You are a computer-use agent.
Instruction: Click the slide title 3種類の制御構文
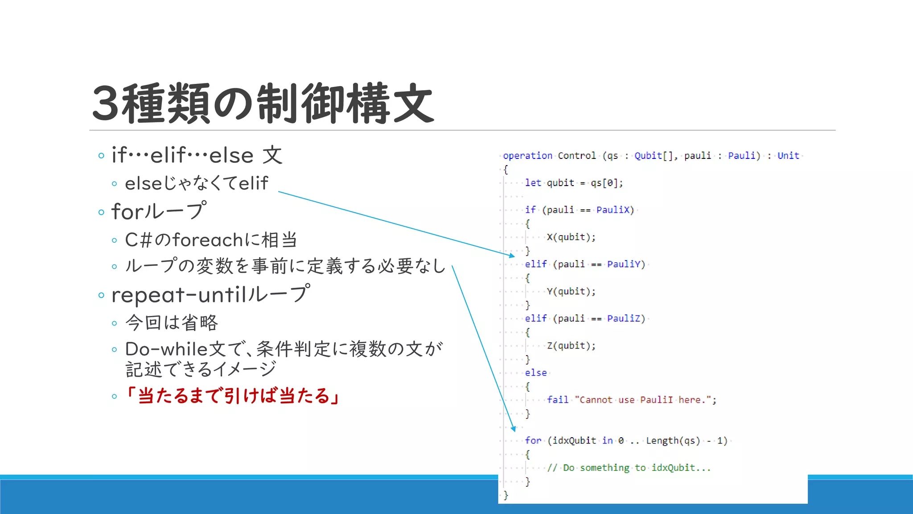(263, 104)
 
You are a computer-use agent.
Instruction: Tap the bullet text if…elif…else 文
(197, 155)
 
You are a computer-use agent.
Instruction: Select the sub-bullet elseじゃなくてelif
(197, 183)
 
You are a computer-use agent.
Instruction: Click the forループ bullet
(159, 211)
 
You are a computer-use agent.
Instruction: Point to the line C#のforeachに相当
(211, 240)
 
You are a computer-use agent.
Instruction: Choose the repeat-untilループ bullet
(210, 294)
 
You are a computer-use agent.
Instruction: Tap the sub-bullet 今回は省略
(172, 323)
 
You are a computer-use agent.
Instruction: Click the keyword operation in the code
(527, 156)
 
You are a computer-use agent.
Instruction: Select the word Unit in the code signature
(788, 156)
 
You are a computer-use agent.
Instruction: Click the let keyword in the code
(533, 183)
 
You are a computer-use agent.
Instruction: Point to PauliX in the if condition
(613, 210)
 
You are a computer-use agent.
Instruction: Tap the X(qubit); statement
(571, 237)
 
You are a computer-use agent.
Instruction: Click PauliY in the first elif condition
(624, 264)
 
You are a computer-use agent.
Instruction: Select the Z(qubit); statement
(571, 346)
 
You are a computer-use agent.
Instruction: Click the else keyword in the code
(535, 373)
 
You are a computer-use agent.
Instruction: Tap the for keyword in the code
(533, 441)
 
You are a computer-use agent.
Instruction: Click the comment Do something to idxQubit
(629, 468)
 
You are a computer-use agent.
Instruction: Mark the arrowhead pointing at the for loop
(514, 429)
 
